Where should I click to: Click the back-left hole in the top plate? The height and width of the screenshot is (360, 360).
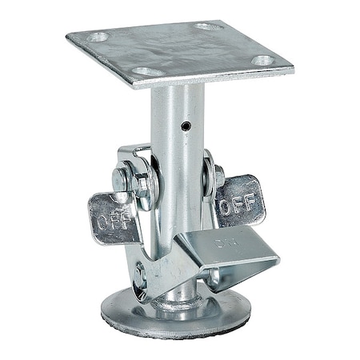[x=98, y=36]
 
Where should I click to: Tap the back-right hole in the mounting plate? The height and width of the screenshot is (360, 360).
[x=209, y=26]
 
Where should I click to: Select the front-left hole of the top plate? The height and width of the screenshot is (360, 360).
[x=146, y=72]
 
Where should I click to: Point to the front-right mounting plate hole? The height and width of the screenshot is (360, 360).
[x=262, y=60]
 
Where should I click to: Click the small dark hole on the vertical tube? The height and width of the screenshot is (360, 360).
[x=186, y=126]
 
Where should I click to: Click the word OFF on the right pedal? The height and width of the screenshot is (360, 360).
[x=238, y=206]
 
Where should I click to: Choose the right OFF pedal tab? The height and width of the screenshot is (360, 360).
[x=239, y=201]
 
